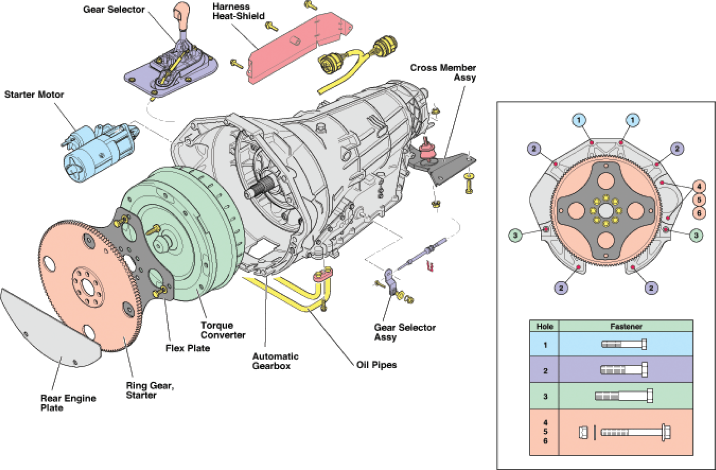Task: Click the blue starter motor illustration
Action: [x=99, y=151]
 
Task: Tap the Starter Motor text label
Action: [x=34, y=95]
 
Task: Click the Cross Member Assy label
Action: [x=443, y=73]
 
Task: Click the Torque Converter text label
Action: [x=223, y=330]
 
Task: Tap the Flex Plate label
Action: [x=188, y=348]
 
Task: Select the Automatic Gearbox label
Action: [x=275, y=361]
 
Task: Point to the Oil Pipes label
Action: [x=376, y=365]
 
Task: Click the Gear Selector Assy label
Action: [x=405, y=332]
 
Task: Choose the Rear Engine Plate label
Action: [x=68, y=403]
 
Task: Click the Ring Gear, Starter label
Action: [x=150, y=390]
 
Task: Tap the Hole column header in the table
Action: [x=544, y=326]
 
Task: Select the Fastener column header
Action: [x=626, y=326]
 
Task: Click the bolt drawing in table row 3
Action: [x=624, y=396]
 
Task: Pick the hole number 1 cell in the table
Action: [x=545, y=345]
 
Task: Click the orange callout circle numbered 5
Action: [x=699, y=200]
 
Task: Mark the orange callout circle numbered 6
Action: [x=699, y=213]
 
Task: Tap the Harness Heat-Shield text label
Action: [x=238, y=11]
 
